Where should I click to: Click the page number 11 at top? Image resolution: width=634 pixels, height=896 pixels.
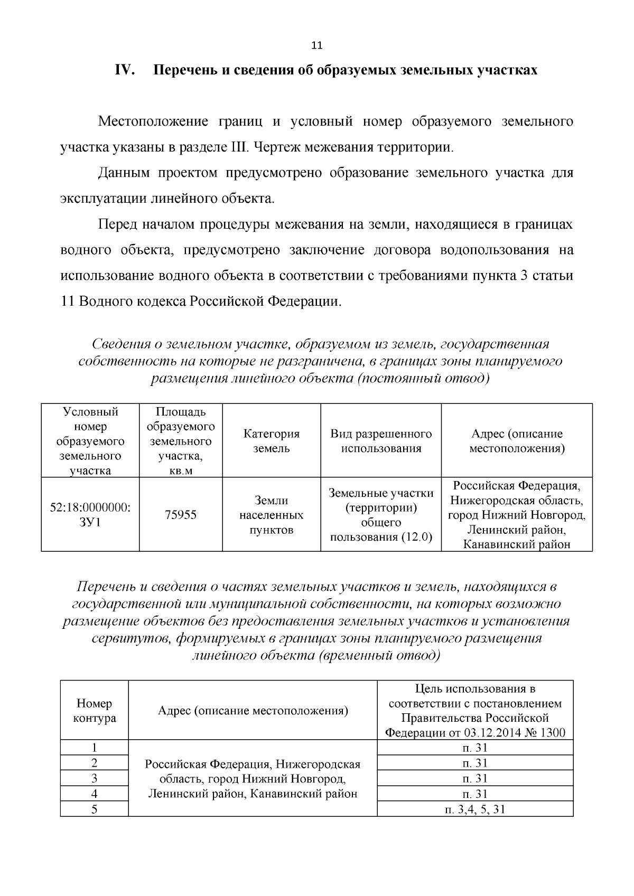click(316, 45)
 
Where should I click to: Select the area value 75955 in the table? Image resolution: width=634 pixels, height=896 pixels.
click(181, 515)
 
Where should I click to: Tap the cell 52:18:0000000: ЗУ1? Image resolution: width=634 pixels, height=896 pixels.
click(90, 515)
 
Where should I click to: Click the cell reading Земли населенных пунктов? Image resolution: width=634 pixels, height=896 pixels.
click(271, 515)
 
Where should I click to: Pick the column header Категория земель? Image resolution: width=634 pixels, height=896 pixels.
click(271, 441)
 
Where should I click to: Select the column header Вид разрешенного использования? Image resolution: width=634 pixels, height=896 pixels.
click(380, 441)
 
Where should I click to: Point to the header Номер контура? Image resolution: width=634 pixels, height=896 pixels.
click(95, 711)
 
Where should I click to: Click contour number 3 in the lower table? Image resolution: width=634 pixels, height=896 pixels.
click(95, 778)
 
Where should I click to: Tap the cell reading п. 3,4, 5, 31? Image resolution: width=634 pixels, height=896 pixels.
click(475, 809)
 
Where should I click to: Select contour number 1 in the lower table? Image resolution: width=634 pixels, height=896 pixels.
click(95, 748)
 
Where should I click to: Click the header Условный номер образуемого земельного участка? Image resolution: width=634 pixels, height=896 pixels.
click(90, 441)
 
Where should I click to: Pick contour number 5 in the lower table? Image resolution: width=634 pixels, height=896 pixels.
click(95, 809)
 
